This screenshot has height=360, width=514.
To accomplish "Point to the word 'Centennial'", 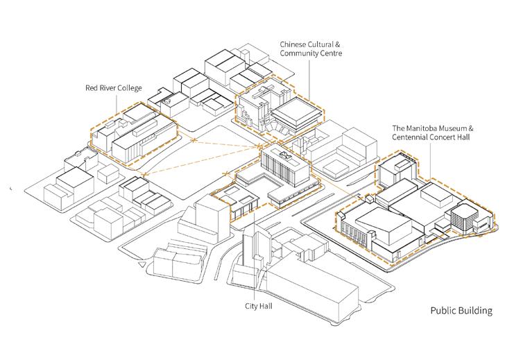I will click(x=412, y=138).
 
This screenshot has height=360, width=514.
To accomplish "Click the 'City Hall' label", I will click(x=257, y=305).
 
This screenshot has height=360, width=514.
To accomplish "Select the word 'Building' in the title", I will click(x=477, y=311).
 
